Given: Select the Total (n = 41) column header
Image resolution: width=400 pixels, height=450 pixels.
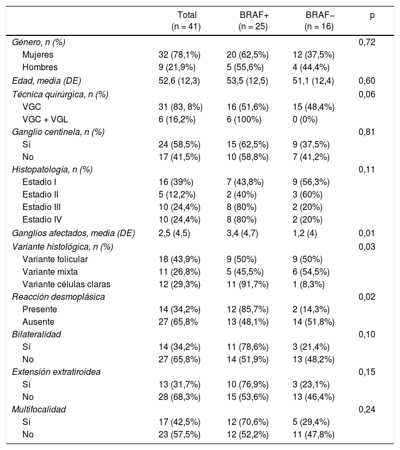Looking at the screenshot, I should click(187, 20).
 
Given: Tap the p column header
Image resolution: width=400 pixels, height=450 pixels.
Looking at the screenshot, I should click(372, 15).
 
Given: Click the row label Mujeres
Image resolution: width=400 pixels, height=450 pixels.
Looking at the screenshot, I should click(38, 54).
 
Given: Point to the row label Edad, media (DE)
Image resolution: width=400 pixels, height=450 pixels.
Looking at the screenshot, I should click(46, 81).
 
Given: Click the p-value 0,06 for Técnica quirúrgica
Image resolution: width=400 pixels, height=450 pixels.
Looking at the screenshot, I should click(366, 94).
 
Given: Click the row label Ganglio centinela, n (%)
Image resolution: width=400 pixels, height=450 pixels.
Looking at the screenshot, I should click(58, 131).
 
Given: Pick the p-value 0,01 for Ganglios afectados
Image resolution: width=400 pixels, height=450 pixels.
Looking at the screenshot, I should click(366, 233).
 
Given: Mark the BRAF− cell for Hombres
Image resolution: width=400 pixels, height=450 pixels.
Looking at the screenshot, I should click(313, 67).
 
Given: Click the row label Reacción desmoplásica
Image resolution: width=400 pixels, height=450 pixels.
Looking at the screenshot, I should click(58, 297).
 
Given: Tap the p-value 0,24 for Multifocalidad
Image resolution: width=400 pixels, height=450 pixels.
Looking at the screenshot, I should click(366, 409).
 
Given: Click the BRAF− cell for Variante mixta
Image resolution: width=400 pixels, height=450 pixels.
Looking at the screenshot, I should click(313, 272).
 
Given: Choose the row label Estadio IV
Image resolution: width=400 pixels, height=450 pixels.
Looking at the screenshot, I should click(42, 219).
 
